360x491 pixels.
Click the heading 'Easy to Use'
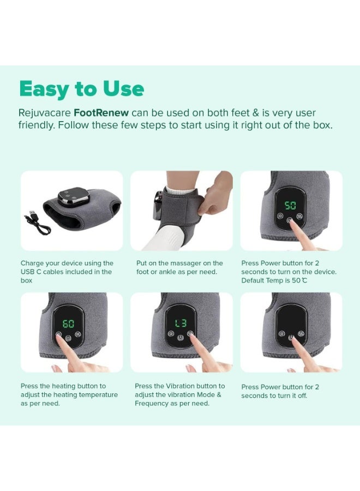82,89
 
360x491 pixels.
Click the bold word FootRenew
101,113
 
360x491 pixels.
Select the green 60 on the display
69,324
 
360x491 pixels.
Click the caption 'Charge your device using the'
67,263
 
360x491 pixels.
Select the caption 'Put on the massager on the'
179,263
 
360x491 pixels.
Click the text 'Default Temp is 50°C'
274,280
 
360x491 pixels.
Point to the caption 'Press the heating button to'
63,386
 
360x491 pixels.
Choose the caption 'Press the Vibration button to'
179,386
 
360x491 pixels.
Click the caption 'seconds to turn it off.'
274,396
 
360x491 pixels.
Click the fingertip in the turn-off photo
292,341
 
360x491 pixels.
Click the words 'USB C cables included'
56,272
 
